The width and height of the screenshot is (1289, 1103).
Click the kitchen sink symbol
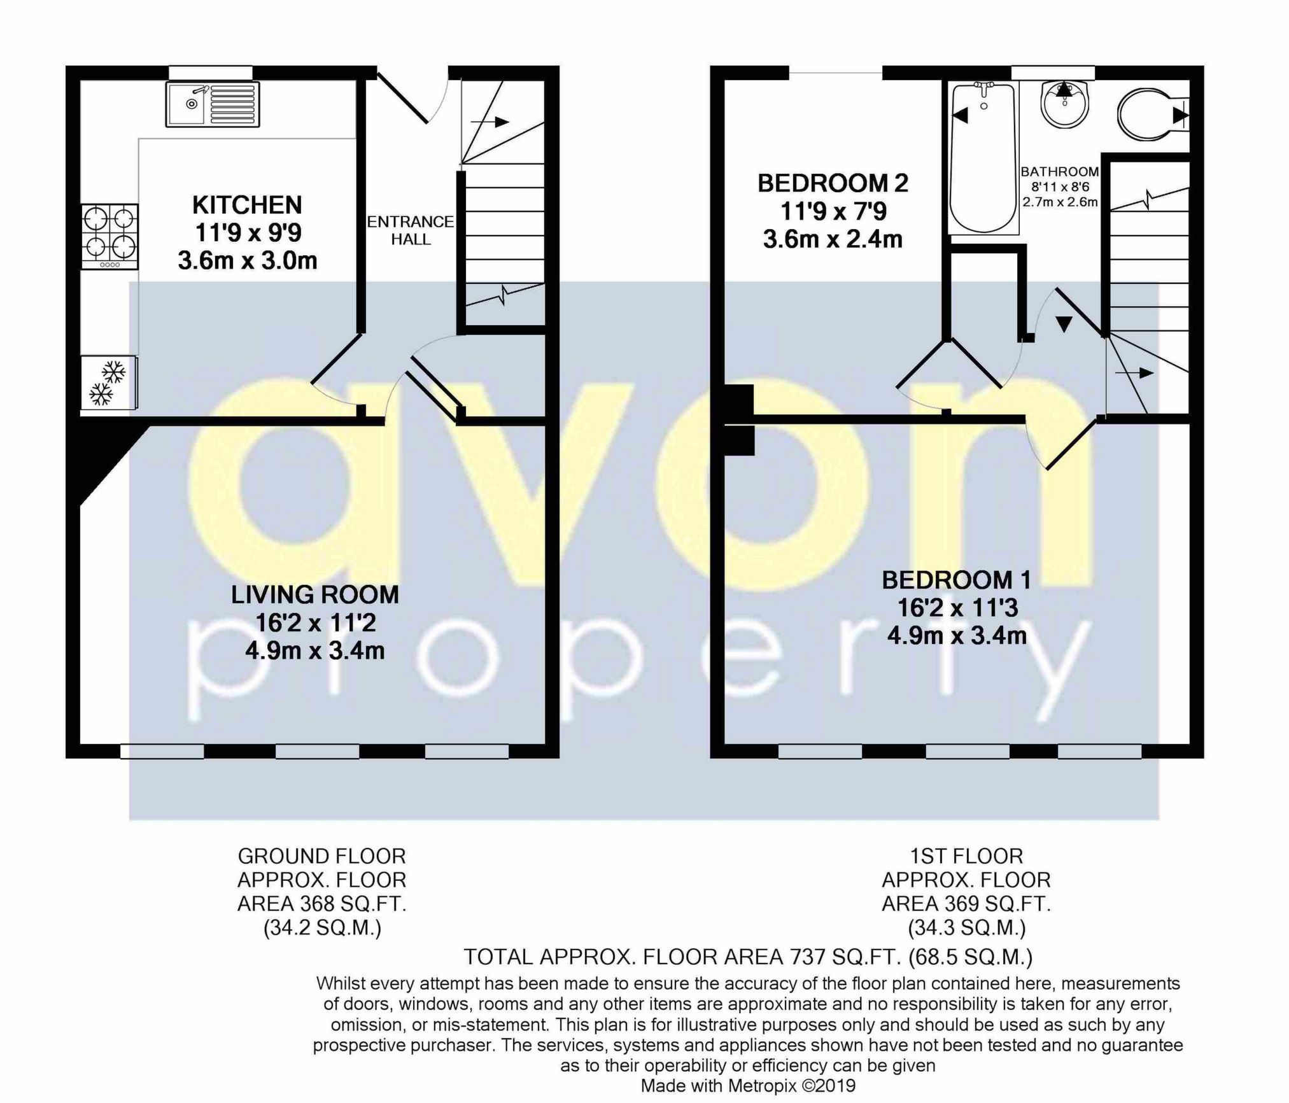coord(213,104)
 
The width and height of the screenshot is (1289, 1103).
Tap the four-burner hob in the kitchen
coord(109,236)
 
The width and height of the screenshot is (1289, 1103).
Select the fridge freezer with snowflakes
coord(109,383)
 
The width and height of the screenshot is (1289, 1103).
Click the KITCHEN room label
coord(247,206)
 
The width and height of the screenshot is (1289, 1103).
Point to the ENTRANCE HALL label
coord(411,230)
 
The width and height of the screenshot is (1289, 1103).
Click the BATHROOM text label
coord(1060,172)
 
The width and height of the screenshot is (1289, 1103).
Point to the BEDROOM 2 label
coord(833,184)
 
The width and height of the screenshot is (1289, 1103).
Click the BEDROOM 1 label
coord(956,580)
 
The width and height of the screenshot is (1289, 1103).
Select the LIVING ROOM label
coord(315,595)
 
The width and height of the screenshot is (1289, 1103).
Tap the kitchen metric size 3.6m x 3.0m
coord(247,261)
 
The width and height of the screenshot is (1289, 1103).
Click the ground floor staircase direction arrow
coord(490,122)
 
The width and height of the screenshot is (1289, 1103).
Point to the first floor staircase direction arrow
coord(1137,373)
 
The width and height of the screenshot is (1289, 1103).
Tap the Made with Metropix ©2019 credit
coord(748,1086)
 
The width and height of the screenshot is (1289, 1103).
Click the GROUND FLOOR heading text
coord(321,856)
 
